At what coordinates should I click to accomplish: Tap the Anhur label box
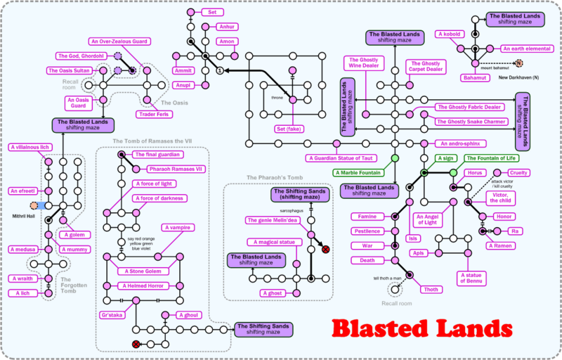tap(226, 27)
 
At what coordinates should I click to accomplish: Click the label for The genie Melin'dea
tap(273, 220)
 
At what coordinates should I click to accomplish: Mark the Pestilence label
tap(367, 231)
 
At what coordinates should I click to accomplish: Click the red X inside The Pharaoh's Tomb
tap(325, 250)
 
